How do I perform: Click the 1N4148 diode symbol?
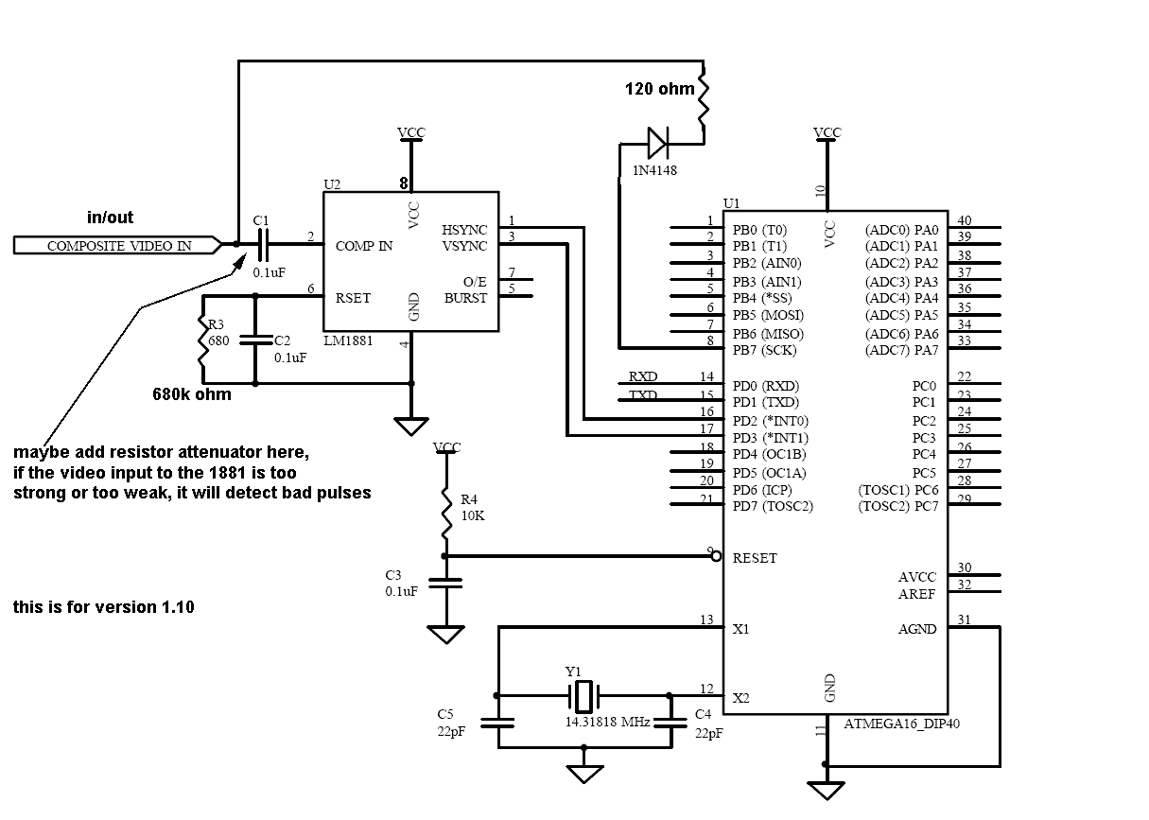pyautogui.click(x=658, y=144)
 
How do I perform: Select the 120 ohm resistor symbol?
pyautogui.click(x=703, y=98)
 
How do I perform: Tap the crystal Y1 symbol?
pyautogui.click(x=584, y=697)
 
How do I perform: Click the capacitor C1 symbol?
pyautogui.click(x=262, y=245)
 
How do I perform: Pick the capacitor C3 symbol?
pyautogui.click(x=445, y=583)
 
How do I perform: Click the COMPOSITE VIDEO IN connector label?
pyautogui.click(x=119, y=246)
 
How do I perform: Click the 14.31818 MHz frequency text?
pyautogui.click(x=607, y=722)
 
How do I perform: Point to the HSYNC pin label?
pyautogui.click(x=464, y=230)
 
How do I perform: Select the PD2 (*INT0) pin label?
pyautogui.click(x=771, y=421)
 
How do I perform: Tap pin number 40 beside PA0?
pyautogui.click(x=965, y=221)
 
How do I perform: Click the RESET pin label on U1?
pyautogui.click(x=755, y=558)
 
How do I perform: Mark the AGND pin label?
pyautogui.click(x=917, y=629)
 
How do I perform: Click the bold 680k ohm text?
pyautogui.click(x=192, y=393)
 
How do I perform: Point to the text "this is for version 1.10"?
pyautogui.click(x=104, y=607)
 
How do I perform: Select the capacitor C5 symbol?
pyautogui.click(x=497, y=723)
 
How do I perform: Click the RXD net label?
pyautogui.click(x=643, y=376)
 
